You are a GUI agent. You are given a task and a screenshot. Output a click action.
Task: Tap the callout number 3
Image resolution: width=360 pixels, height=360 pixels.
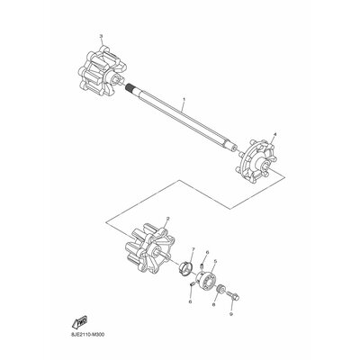coord(102,35)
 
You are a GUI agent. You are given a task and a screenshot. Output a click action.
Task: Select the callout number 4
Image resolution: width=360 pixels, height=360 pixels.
coord(274,134)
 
